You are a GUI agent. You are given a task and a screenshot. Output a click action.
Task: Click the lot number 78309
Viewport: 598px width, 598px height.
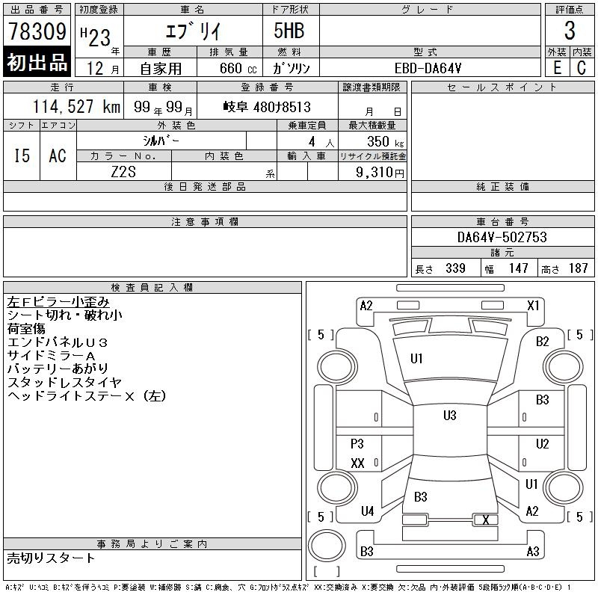pyautogui.click(x=37, y=32)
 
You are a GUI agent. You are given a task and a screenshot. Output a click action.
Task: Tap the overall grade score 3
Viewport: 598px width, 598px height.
pyautogui.click(x=570, y=31)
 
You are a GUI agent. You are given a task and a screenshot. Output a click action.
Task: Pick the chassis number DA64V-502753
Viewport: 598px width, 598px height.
pyautogui.click(x=502, y=237)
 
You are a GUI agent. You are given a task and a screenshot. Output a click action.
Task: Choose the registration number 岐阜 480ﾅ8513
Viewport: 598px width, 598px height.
pyautogui.click(x=267, y=107)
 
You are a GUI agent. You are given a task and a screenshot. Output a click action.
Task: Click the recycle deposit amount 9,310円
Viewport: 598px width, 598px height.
pyautogui.click(x=381, y=172)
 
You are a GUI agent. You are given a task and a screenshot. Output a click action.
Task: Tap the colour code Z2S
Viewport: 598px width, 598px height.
pyautogui.click(x=124, y=172)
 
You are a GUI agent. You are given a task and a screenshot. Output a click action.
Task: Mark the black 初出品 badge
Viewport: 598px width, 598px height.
pyautogui.click(x=37, y=63)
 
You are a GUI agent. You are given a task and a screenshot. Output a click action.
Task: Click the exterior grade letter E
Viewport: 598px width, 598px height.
pyautogui.click(x=557, y=67)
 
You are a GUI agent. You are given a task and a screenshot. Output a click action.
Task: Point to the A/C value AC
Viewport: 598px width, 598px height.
pyautogui.click(x=58, y=155)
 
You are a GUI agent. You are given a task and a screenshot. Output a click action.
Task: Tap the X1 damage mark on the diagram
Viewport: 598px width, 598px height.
pyautogui.click(x=534, y=305)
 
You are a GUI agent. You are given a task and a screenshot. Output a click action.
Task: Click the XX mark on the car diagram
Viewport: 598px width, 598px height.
pyautogui.click(x=357, y=463)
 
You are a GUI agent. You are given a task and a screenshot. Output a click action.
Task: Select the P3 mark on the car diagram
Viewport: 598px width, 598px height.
pyautogui.click(x=357, y=444)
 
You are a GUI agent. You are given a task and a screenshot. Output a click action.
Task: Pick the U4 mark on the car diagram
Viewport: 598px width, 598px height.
pyautogui.click(x=367, y=511)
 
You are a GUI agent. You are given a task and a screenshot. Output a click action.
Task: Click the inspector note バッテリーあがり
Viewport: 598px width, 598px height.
pyautogui.click(x=58, y=369)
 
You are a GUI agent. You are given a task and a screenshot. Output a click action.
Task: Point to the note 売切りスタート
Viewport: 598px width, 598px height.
pyautogui.click(x=52, y=558)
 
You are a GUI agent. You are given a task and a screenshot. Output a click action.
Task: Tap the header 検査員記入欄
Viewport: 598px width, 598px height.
pyautogui.click(x=152, y=287)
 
